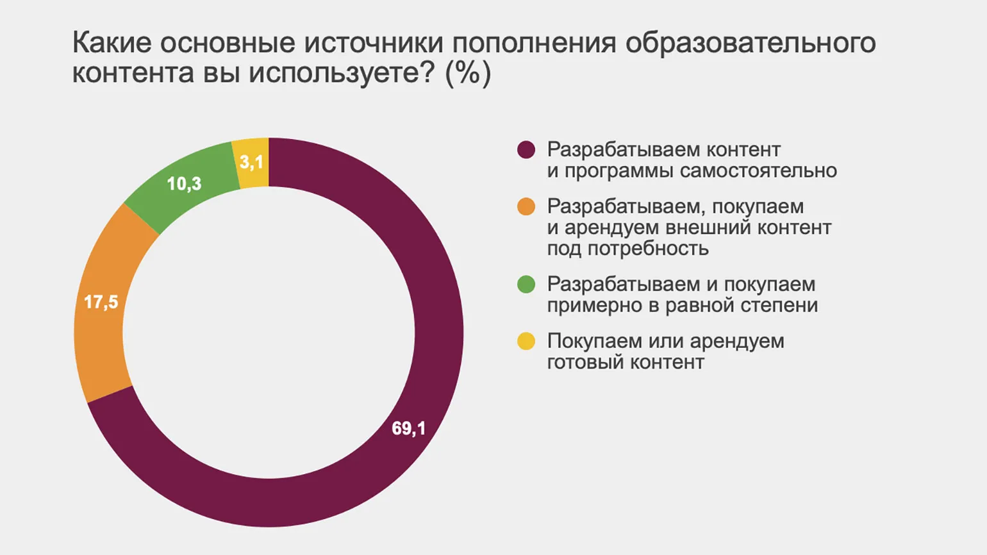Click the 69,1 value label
tap(408, 428)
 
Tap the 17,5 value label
tap(101, 302)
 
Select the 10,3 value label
tap(184, 184)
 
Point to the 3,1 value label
tap(251, 162)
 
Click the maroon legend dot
tap(526, 150)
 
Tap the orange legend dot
tap(526, 207)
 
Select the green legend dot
tap(526, 285)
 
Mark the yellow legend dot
tap(526, 342)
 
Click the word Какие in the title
tap(112, 43)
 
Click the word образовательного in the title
tap(751, 43)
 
